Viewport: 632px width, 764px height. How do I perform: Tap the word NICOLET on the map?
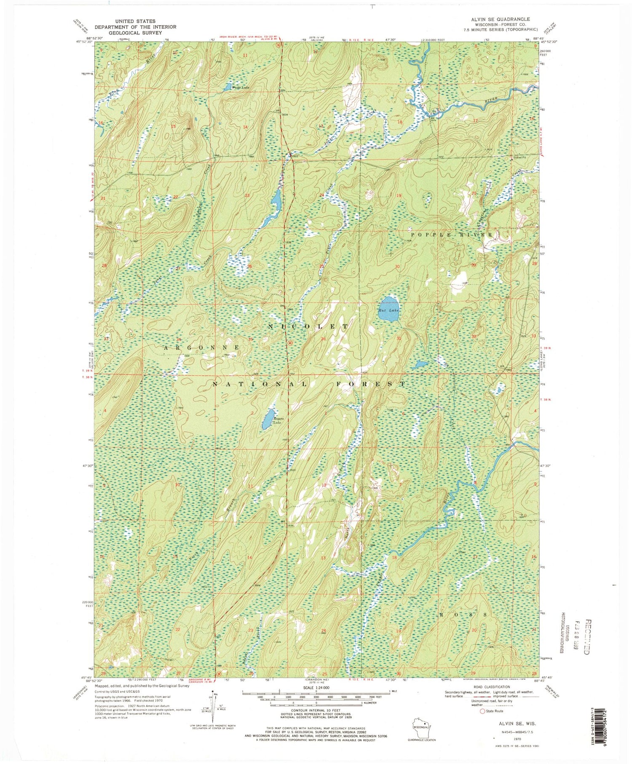coord(309,326)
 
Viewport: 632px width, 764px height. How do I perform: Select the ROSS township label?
coord(463,614)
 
